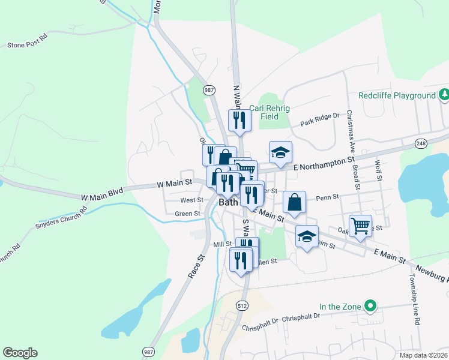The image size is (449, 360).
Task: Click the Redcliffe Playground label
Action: [397, 95]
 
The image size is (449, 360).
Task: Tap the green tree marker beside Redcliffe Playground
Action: [443, 94]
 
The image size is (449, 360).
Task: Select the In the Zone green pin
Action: [370, 307]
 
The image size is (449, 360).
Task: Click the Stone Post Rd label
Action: [27, 45]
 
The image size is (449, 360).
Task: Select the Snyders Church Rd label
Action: [61, 218]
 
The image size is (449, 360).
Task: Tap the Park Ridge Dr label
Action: [320, 121]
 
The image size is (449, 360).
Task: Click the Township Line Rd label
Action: [413, 300]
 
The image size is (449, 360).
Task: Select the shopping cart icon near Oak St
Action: [360, 226]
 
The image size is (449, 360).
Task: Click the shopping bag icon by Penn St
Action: [294, 202]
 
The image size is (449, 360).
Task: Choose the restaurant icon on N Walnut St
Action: [240, 120]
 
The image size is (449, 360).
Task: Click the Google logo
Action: [20, 353]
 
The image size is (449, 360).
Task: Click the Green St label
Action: [187, 214]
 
